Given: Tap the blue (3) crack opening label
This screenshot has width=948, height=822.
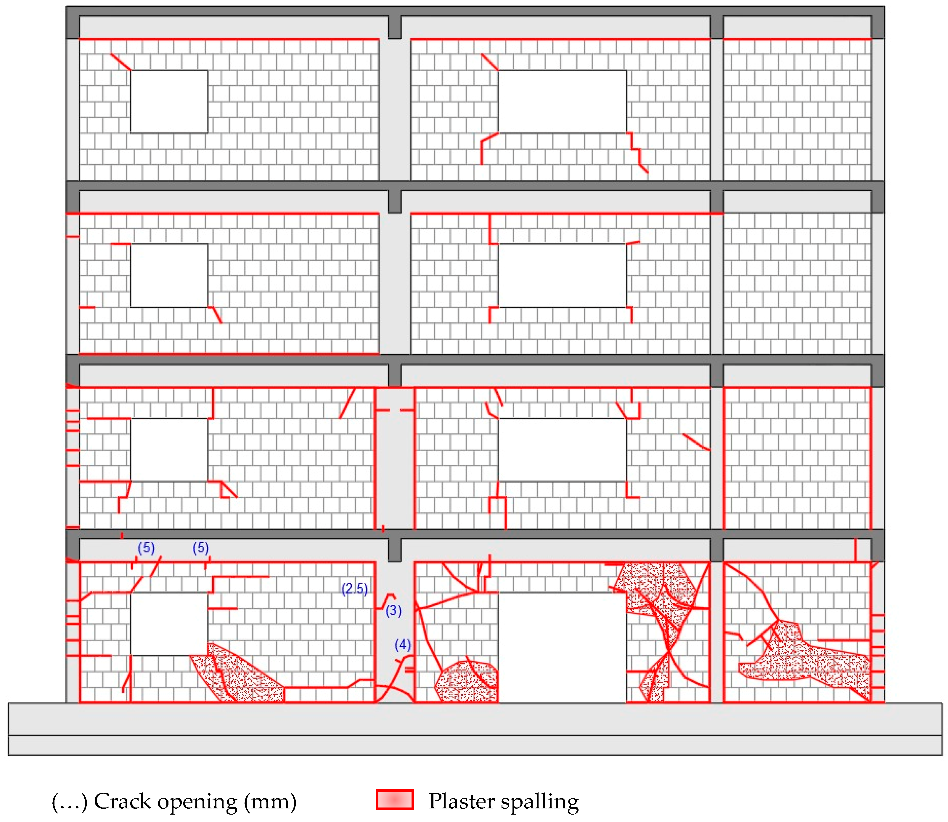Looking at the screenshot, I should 393,611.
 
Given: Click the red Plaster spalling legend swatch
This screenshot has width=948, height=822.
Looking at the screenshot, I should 395,800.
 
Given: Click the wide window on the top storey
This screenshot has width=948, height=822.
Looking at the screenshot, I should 562,101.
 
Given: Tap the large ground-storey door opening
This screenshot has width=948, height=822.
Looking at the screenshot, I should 562,647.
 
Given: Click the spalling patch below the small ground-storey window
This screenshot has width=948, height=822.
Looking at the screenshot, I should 239,677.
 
